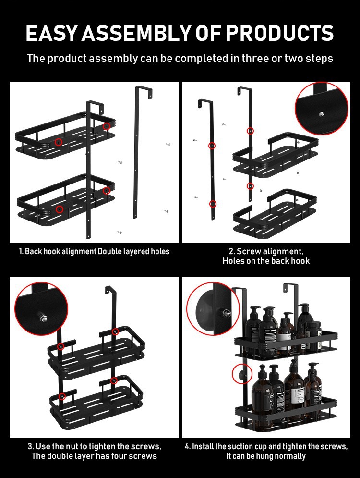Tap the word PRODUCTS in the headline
click(279, 33)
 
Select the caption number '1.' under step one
click(21, 252)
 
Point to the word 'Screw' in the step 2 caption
click(249, 251)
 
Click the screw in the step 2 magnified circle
click(322, 114)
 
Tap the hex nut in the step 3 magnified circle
click(42, 317)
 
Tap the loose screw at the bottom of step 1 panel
click(120, 233)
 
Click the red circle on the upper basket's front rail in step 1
click(59, 142)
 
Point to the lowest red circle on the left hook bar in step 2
click(213, 204)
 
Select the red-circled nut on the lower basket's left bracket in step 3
click(62, 396)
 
